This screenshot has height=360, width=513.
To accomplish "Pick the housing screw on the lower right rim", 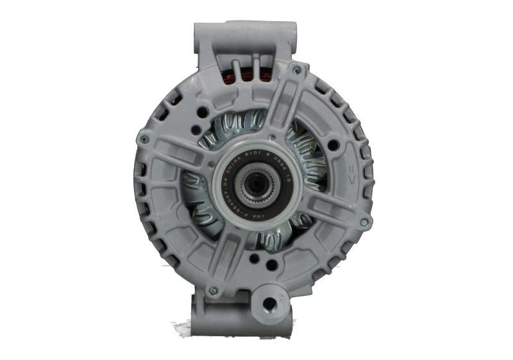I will tap(364, 222).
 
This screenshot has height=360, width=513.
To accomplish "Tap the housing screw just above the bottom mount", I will tap(213, 290).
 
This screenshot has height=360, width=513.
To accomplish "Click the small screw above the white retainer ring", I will tap(272, 137).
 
